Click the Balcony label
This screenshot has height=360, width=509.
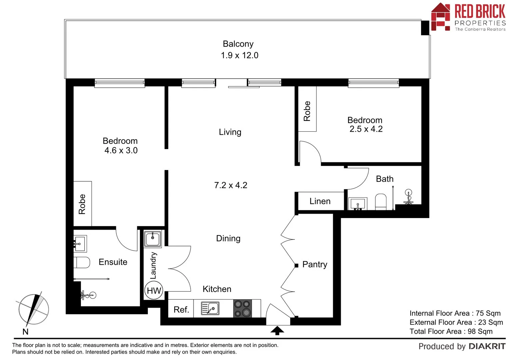point(238,44)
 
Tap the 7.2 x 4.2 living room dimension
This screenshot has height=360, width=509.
point(231,185)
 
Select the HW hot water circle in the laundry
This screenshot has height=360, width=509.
point(154,291)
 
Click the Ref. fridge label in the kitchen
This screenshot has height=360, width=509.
point(181,310)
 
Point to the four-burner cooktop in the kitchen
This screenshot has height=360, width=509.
point(242,308)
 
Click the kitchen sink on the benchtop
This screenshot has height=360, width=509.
point(210,308)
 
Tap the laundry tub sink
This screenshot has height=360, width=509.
point(153,239)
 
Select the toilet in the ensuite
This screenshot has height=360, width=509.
point(82,262)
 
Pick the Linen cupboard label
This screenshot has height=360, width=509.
point(320,201)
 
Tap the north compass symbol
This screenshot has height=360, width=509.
point(33,310)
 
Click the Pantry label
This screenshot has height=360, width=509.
point(314,265)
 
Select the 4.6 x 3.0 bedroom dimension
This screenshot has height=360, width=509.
point(121,151)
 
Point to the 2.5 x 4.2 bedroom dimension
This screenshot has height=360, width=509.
point(366,129)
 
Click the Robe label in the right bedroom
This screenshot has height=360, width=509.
point(307,111)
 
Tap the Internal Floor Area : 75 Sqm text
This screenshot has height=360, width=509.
point(455,313)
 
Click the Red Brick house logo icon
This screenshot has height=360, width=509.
point(440,17)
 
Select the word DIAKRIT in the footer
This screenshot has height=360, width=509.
point(487,347)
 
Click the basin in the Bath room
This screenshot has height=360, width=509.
point(358,203)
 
